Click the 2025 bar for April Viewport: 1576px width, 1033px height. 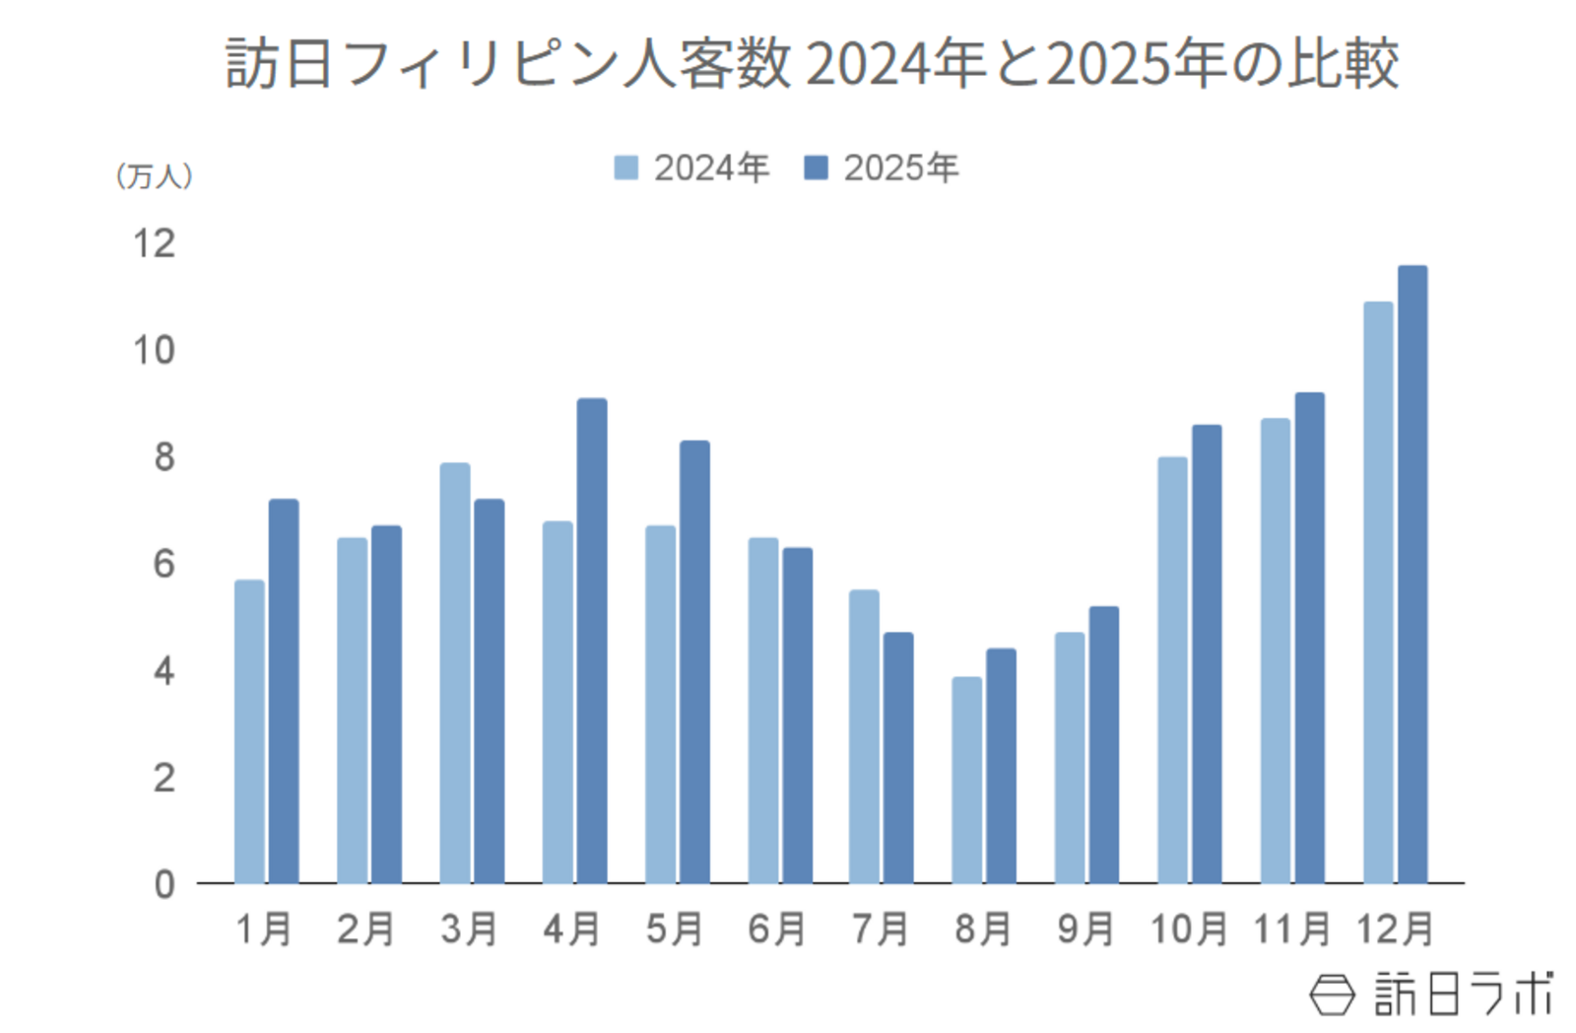tap(591, 641)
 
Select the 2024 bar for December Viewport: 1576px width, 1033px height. tap(1378, 591)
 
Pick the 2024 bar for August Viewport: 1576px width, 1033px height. tap(966, 780)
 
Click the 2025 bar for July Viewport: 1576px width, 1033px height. tap(898, 757)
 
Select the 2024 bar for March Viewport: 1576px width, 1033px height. tap(454, 672)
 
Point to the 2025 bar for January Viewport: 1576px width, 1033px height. tap(284, 690)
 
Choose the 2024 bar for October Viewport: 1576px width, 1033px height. tap(1172, 669)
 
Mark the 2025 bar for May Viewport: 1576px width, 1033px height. tap(694, 661)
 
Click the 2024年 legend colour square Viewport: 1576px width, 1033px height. tap(625, 168)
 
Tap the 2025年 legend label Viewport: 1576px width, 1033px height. tap(900, 169)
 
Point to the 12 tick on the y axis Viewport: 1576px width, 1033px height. tap(154, 243)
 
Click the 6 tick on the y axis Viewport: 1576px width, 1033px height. tap(164, 564)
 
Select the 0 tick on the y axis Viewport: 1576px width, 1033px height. tap(164, 884)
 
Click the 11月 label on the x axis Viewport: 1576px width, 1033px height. tap(1291, 929)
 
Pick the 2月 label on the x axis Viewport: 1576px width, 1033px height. tap(365, 929)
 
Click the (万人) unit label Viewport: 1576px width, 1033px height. tap(154, 176)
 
